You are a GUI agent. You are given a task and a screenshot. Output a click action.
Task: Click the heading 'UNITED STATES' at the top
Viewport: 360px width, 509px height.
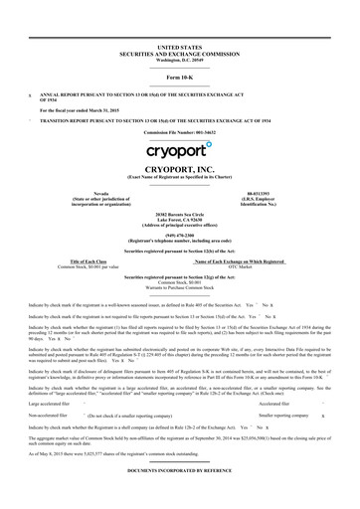click(180, 47)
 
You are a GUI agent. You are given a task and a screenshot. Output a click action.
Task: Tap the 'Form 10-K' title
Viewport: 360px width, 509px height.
click(180, 77)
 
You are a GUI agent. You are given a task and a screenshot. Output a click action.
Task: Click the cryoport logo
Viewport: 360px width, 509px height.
click(180, 150)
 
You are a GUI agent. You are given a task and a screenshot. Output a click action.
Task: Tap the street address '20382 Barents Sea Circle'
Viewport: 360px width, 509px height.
click(180, 215)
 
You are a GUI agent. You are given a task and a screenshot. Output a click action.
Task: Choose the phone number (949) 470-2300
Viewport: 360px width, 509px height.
click(180, 237)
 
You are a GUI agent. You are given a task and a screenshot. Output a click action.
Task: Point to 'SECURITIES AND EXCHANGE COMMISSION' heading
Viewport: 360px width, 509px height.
click(180, 53)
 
